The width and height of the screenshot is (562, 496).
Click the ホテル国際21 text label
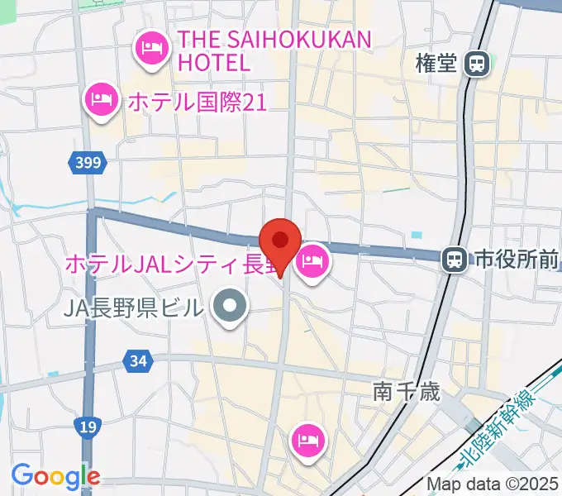[x=196, y=103]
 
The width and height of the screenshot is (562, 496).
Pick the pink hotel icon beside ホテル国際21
[x=101, y=101]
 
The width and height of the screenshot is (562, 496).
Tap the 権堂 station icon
[x=476, y=63]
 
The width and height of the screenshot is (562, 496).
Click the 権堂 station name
[x=437, y=64]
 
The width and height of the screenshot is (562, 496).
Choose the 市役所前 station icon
[x=453, y=260]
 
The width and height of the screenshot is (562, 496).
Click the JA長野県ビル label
[x=132, y=308]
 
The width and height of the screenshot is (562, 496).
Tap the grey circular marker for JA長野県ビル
[x=230, y=308]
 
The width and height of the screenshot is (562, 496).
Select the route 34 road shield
[x=138, y=360]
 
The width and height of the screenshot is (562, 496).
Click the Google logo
[x=55, y=476]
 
